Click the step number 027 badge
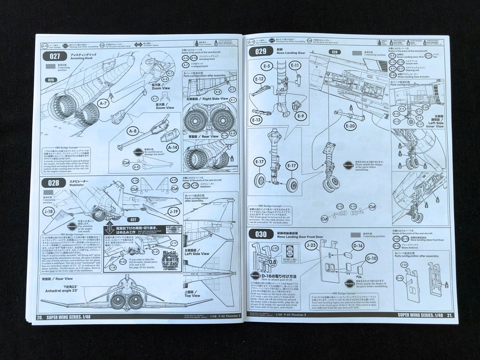point(53,56)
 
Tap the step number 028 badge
point(54,183)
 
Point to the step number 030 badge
point(261,235)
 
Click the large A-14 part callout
point(172,147)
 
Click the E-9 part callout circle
point(301,116)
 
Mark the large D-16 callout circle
point(357,246)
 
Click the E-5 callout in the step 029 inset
point(267,66)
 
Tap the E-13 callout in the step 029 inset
point(256,119)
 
